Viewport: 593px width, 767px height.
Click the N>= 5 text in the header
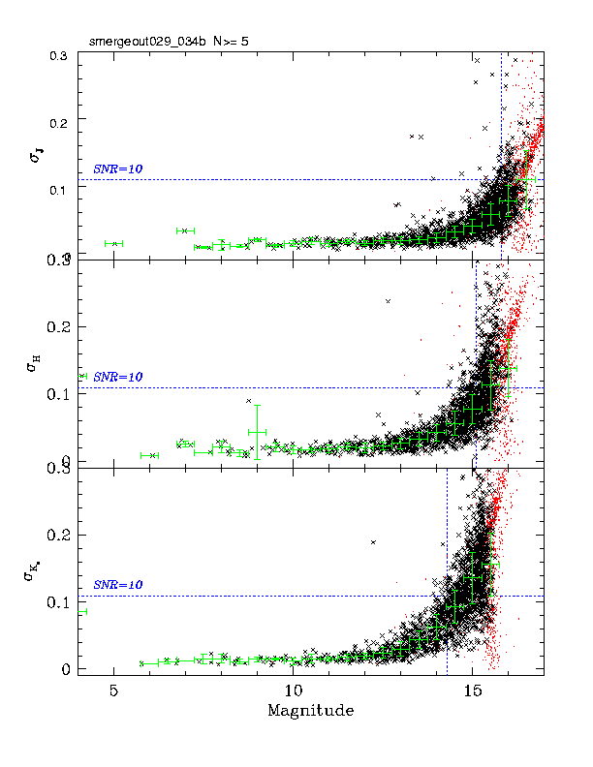[x=212, y=42]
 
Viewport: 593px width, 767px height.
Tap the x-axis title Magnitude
[x=310, y=711]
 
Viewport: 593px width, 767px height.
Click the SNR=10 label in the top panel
[x=118, y=169]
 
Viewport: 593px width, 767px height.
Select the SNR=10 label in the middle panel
[x=118, y=377]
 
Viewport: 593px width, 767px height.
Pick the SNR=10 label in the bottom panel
[x=118, y=585]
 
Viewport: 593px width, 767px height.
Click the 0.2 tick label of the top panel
[x=61, y=123]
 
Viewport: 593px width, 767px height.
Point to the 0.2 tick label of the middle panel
[x=61, y=327]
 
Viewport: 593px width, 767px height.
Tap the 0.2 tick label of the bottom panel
[x=61, y=536]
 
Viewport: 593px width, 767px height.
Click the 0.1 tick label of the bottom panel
[x=61, y=602]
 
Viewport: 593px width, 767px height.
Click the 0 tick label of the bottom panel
[x=66, y=669]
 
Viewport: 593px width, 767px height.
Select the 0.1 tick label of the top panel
[x=61, y=189]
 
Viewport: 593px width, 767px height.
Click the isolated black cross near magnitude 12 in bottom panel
[x=372, y=542]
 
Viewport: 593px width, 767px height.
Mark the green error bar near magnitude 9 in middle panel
[x=257, y=432]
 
